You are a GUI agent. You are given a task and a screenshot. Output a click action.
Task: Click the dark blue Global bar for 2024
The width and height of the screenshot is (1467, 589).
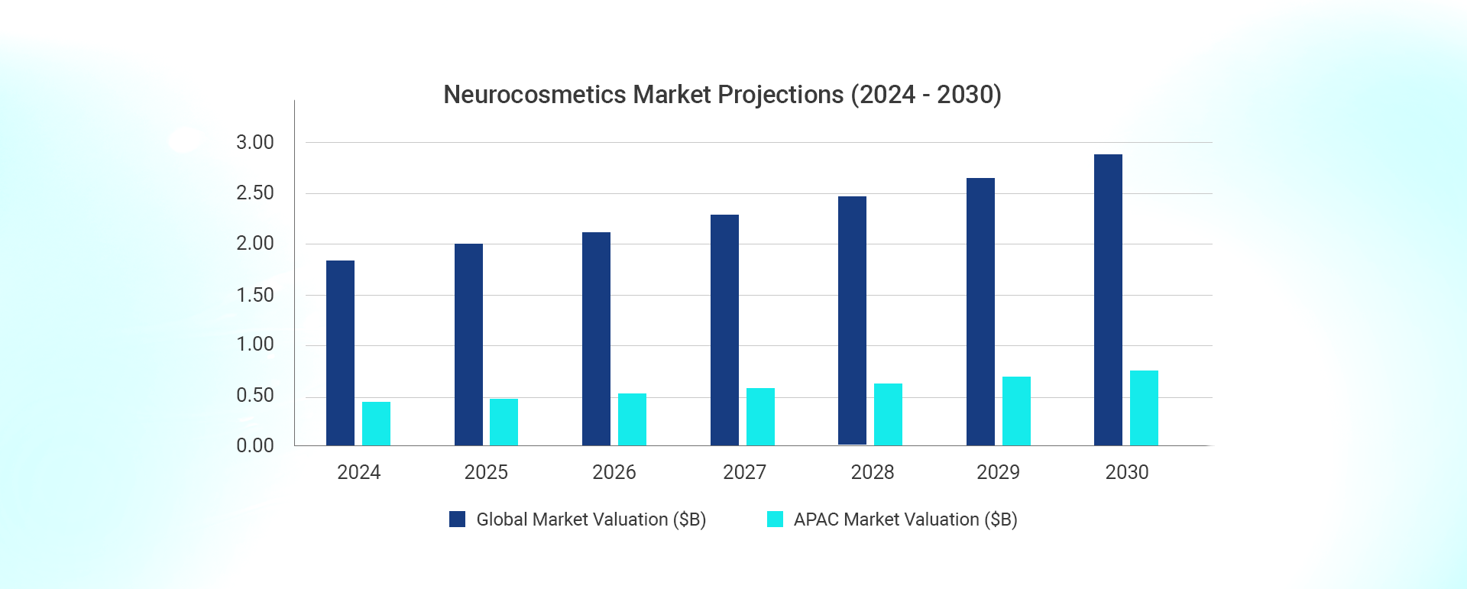(x=340, y=353)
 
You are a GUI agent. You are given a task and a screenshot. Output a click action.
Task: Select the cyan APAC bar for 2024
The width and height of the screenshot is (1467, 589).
(x=376, y=423)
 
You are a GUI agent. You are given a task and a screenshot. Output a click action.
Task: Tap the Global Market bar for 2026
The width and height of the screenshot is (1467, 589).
(x=596, y=338)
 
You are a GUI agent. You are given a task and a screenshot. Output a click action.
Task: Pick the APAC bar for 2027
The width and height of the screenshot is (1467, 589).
(x=760, y=416)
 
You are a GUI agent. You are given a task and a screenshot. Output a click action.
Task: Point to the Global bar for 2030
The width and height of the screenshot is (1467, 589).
(x=1108, y=299)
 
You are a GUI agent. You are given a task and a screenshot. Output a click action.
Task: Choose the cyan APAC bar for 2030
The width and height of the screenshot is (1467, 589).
(x=1144, y=408)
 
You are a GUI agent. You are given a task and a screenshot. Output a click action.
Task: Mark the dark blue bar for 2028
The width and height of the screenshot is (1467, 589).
(x=852, y=321)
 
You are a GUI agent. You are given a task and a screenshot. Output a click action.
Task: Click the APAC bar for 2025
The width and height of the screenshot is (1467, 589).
(x=504, y=422)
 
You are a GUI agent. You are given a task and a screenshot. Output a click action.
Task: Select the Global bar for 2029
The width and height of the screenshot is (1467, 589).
(x=980, y=312)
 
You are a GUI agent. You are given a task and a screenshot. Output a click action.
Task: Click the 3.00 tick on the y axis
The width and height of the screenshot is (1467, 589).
(x=254, y=143)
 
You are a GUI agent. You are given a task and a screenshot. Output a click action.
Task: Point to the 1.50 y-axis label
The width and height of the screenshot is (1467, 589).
(x=254, y=295)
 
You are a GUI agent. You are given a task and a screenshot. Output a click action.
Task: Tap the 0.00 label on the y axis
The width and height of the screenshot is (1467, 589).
(x=254, y=445)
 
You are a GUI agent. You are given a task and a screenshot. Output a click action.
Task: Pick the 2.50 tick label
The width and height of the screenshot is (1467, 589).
(x=254, y=193)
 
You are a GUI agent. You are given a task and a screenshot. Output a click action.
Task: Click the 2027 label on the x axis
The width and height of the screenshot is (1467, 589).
(x=744, y=472)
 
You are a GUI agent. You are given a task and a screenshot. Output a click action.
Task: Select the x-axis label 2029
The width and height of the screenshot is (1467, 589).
(x=998, y=472)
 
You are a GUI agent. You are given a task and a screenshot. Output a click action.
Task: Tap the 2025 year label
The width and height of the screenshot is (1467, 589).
(x=486, y=472)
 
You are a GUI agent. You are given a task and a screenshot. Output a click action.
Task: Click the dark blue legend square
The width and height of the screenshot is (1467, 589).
(x=457, y=519)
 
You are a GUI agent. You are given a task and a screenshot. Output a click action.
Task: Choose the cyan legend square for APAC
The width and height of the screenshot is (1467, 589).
(x=775, y=519)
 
